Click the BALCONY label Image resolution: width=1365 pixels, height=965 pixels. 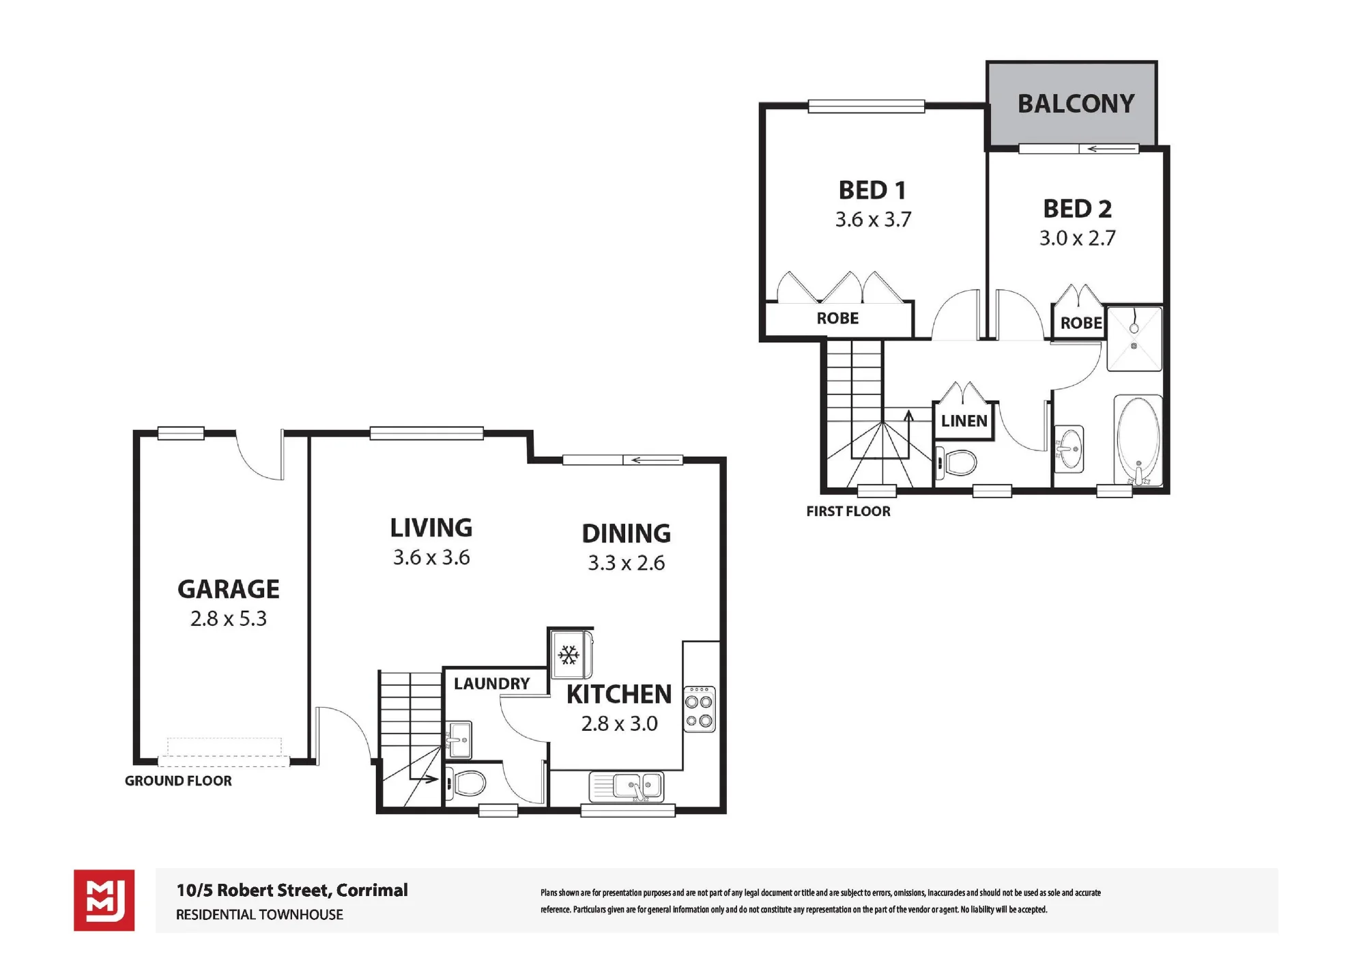1076,104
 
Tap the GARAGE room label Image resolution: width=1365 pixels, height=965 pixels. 229,589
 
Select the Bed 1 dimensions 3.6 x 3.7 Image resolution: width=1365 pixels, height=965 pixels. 873,219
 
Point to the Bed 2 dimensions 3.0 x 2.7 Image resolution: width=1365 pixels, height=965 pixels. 1077,237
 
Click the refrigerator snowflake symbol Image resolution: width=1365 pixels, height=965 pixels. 569,655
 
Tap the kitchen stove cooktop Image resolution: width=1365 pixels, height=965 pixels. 700,709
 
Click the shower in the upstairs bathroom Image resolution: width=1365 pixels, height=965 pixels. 1134,339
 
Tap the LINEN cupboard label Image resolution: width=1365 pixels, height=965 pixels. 964,421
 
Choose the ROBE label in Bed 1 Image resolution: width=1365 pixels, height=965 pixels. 837,318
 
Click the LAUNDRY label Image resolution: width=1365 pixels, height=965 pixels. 491,683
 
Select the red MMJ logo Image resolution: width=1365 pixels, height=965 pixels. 104,900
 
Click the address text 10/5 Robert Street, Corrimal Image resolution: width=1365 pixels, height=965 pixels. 292,891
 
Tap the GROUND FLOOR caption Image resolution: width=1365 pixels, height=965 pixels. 178,781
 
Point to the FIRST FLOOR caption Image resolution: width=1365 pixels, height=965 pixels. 848,511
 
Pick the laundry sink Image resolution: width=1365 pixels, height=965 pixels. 459,740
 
